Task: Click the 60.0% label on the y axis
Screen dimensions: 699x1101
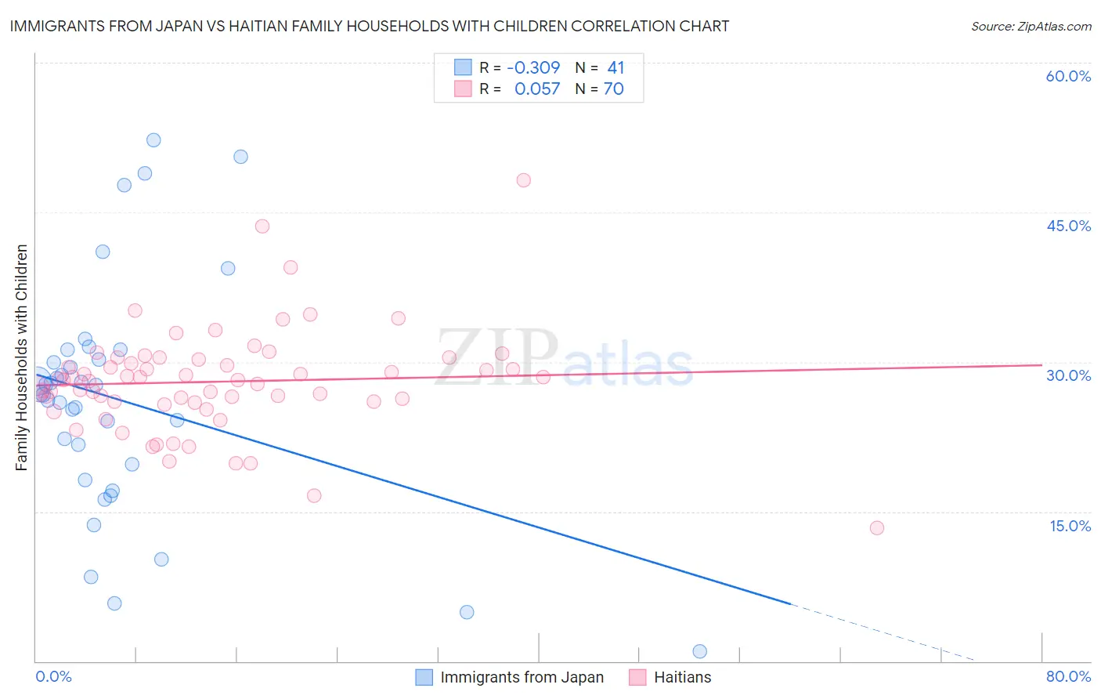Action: pos(1068,76)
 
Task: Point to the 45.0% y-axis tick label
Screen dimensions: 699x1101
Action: pos(1068,226)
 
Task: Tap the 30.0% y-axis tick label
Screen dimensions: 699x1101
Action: pos(1068,375)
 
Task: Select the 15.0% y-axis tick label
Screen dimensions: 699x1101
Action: pos(1070,526)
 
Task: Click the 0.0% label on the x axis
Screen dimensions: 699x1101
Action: pos(53,676)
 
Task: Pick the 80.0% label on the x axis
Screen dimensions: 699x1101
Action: pos(1068,676)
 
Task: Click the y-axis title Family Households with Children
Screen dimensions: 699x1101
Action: pos(22,357)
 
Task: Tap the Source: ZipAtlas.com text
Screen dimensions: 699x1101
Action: pos(1031,27)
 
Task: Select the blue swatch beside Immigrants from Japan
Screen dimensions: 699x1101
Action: pos(424,677)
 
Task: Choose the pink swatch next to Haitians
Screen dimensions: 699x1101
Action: pos(637,677)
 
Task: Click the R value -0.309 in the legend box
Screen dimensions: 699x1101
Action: pos(533,68)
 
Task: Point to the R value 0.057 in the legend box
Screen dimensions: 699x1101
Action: pos(537,89)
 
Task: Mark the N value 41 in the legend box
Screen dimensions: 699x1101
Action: pos(615,68)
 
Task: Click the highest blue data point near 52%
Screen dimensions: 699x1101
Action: pos(153,140)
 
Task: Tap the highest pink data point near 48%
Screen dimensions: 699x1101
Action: pos(524,180)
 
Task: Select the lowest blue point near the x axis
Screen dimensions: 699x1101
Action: pos(700,651)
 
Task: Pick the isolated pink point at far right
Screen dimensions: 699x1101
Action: pos(877,528)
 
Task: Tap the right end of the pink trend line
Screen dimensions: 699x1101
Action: pos(1041,364)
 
